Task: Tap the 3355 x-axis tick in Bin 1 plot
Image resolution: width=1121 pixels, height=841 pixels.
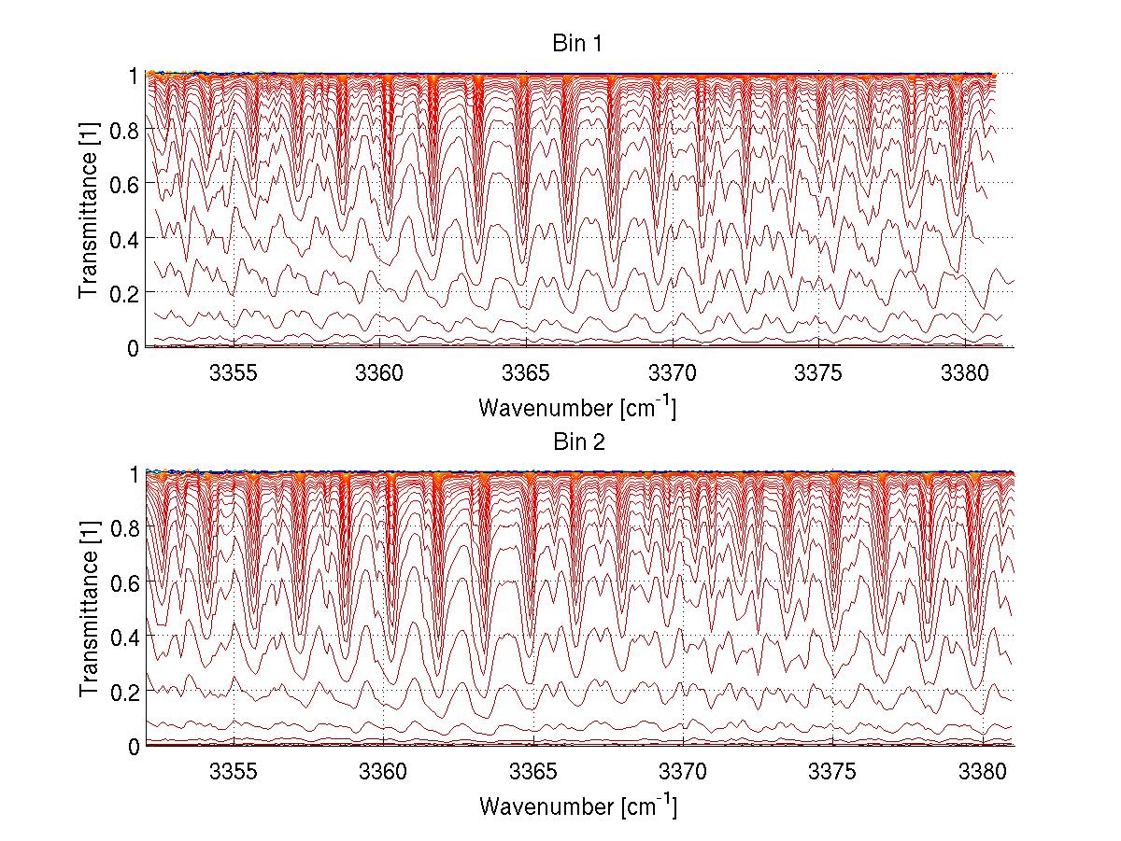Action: click(234, 373)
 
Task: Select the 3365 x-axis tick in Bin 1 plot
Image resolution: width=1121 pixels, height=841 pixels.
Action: click(526, 373)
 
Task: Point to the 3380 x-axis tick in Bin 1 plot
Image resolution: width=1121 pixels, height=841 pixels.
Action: click(965, 373)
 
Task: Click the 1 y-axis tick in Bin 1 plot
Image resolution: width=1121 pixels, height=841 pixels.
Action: click(133, 75)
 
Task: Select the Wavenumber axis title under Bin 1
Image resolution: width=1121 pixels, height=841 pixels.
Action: click(577, 407)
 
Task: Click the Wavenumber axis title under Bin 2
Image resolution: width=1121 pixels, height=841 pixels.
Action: click(577, 806)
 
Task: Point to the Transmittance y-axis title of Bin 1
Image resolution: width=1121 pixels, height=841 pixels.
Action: click(89, 211)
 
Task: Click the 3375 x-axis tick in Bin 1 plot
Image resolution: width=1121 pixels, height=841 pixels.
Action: click(818, 373)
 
